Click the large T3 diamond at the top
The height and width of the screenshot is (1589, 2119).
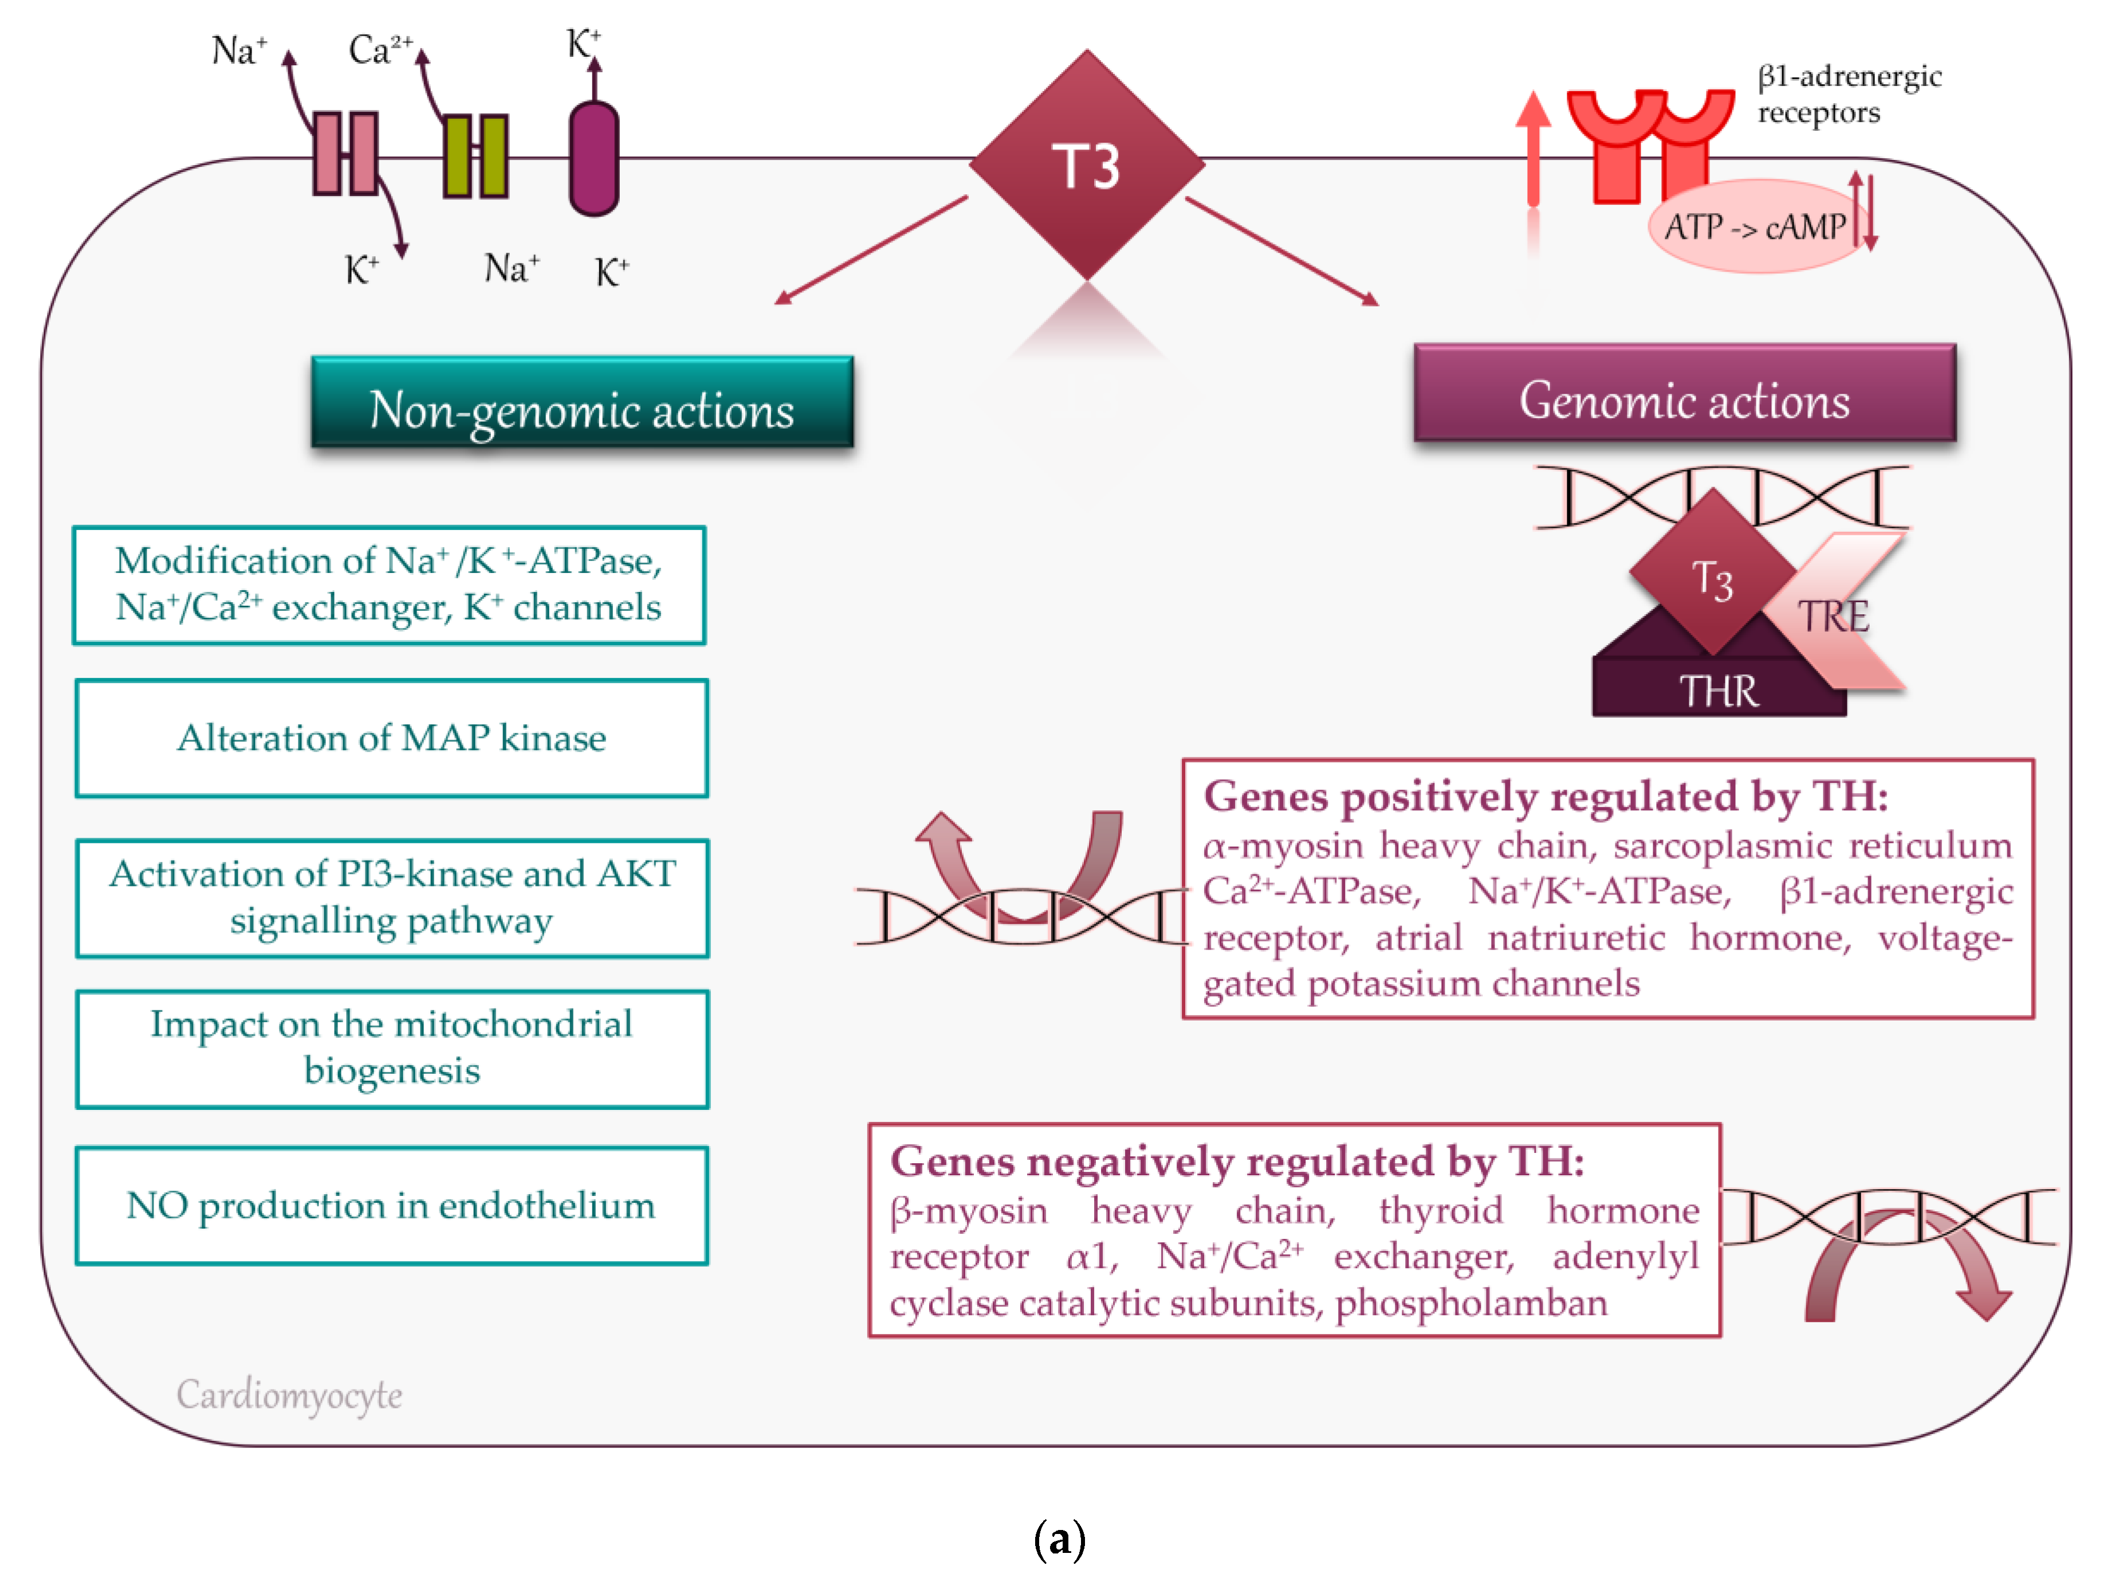[x=1086, y=165]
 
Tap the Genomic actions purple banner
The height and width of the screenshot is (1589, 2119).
[x=1684, y=394]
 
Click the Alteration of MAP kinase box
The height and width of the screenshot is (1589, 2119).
[x=392, y=738]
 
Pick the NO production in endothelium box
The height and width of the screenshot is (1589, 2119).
[x=392, y=1206]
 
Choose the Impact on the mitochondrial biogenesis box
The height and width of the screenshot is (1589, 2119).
[x=392, y=1049]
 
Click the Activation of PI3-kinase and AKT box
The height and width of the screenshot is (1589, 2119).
[x=392, y=898]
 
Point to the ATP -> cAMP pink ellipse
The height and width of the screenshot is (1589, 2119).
[x=1753, y=227]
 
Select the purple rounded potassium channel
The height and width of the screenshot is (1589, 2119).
[x=594, y=158]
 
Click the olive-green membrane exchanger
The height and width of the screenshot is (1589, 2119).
[x=475, y=156]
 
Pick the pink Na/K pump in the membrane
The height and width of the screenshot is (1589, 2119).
[x=345, y=154]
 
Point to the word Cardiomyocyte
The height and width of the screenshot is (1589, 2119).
[x=289, y=1394]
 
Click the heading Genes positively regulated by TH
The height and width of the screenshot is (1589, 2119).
[x=1545, y=795]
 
